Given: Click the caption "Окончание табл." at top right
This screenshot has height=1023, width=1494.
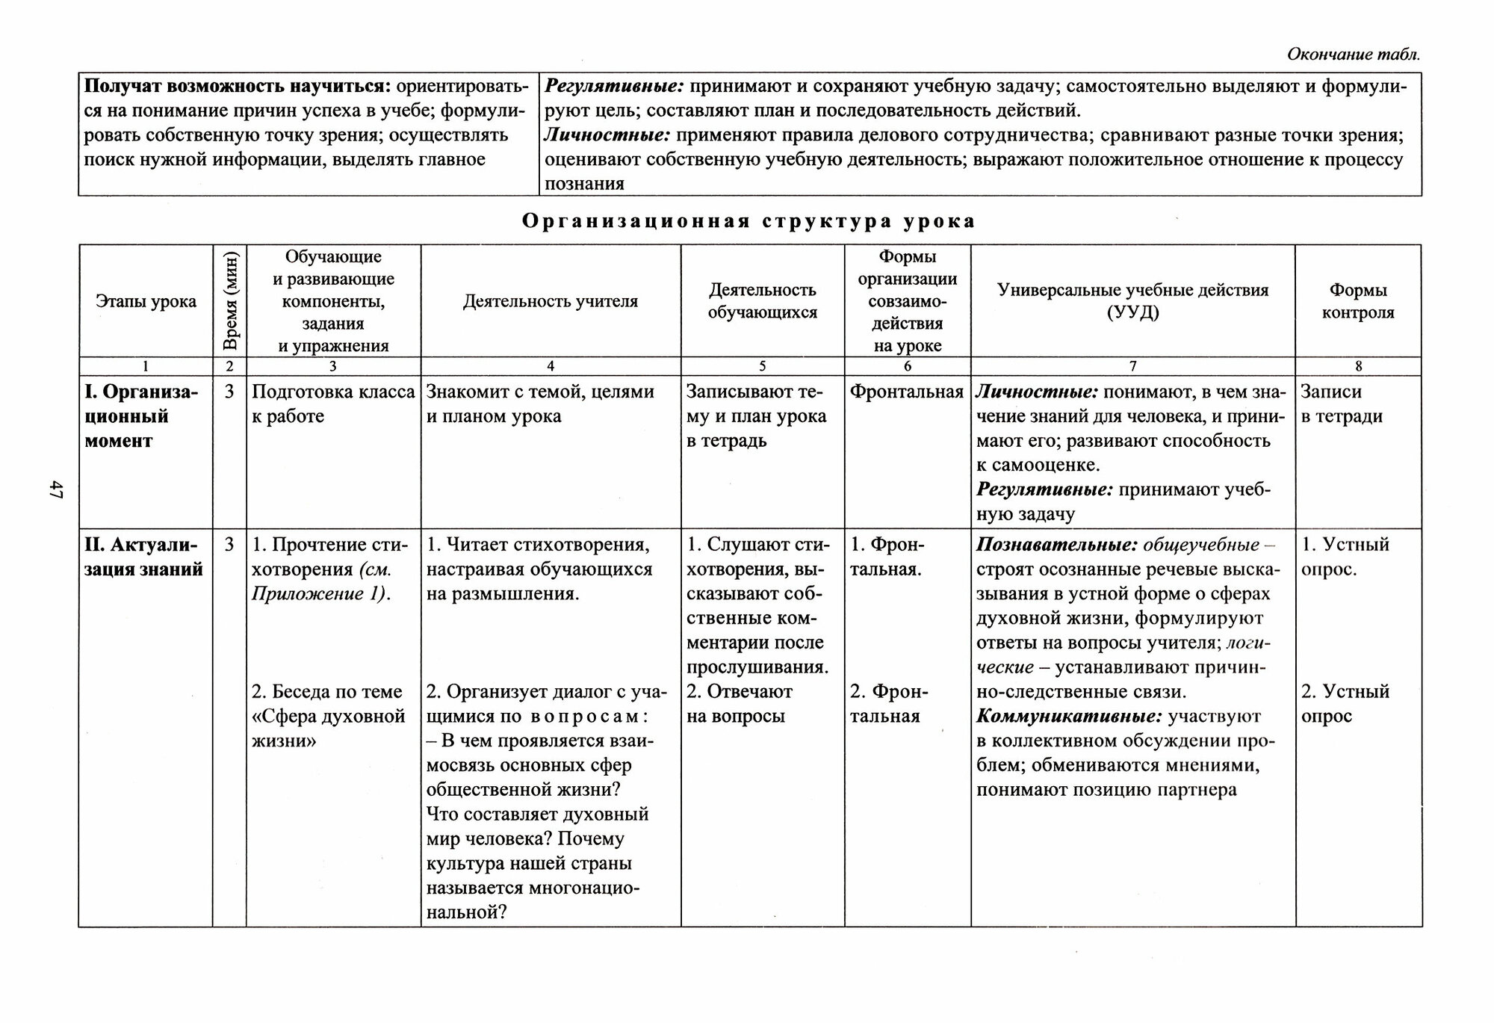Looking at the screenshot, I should click(1353, 55).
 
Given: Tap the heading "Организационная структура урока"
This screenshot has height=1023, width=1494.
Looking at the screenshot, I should click(748, 221).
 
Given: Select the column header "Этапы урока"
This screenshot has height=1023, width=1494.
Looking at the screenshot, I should click(146, 301).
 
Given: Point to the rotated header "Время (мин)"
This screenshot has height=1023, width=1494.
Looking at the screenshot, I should click(230, 301).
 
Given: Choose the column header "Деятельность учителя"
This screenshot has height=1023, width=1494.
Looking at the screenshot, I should click(551, 301).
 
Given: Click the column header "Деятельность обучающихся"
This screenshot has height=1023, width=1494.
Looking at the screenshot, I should click(763, 301).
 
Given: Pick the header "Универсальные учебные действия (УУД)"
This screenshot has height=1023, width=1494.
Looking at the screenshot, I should click(1132, 301).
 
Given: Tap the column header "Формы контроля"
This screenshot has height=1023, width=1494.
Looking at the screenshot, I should click(1358, 301).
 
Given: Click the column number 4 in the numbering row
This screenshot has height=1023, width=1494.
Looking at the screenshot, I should click(551, 366).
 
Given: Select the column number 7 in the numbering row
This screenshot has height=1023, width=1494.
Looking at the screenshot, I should click(1132, 366).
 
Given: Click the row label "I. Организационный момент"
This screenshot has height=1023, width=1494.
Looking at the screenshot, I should click(140, 416).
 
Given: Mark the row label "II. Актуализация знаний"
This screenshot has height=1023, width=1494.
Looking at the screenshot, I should click(143, 557).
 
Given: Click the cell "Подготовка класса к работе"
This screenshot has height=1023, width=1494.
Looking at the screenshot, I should click(333, 404).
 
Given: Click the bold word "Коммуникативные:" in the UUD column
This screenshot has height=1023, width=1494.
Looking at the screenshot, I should click(1069, 717).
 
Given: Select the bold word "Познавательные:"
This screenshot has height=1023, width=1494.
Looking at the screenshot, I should click(1056, 545).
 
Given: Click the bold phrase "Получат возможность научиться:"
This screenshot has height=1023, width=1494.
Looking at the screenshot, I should click(237, 87).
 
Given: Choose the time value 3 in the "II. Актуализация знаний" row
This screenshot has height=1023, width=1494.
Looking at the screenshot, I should click(229, 545).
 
